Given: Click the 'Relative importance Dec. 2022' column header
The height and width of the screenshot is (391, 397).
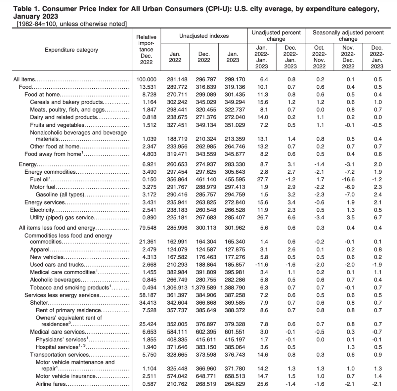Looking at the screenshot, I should point(146,50).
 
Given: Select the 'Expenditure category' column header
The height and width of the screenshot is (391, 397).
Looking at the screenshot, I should point(71,50).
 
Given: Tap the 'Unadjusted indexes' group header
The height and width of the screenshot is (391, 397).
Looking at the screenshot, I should point(204,36).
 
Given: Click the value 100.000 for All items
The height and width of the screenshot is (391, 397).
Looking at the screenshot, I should point(146,79).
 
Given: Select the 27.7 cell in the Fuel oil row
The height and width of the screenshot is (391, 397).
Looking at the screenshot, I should point(262,180).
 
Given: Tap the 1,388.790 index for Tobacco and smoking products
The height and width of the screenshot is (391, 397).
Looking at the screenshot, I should point(233,288).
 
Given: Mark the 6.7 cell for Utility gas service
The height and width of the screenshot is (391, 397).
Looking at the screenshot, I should point(377,218).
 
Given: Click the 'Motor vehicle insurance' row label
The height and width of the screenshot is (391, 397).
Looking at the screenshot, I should point(66,376).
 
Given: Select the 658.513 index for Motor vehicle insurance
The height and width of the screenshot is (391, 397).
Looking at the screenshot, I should point(233,376).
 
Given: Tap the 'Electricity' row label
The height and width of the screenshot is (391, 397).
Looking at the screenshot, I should point(42,210).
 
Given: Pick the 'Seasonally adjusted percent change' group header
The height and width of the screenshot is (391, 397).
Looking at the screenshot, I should point(348,36).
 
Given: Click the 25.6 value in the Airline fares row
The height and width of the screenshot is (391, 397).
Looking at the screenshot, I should point(262,384).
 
